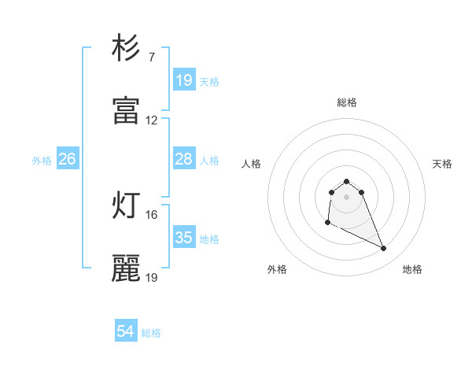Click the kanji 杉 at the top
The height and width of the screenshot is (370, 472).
click(126, 48)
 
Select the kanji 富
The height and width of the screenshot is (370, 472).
click(126, 111)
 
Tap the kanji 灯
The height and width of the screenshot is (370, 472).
click(126, 205)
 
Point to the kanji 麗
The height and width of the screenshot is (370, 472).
click(126, 268)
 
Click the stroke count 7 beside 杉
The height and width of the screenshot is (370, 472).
click(152, 57)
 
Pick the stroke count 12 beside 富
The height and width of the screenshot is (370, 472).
click(152, 120)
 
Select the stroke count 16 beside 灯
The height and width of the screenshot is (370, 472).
click(152, 214)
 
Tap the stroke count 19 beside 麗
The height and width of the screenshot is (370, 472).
click(152, 277)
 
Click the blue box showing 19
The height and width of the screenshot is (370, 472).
click(183, 80)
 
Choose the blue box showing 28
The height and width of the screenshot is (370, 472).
click(183, 159)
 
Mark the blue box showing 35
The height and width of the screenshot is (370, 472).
click(183, 238)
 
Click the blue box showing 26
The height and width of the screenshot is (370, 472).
click(67, 159)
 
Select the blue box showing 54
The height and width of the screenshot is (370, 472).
click(125, 332)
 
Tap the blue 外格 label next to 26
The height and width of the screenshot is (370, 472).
click(42, 160)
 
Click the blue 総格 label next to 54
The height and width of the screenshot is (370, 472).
click(151, 333)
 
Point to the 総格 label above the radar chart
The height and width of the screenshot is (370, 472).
click(347, 102)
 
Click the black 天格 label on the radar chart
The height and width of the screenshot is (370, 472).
click(442, 164)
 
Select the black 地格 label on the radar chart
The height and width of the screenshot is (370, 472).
click(412, 269)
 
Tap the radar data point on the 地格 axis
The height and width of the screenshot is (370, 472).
click(384, 249)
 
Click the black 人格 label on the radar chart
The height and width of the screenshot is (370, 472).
click(252, 164)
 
